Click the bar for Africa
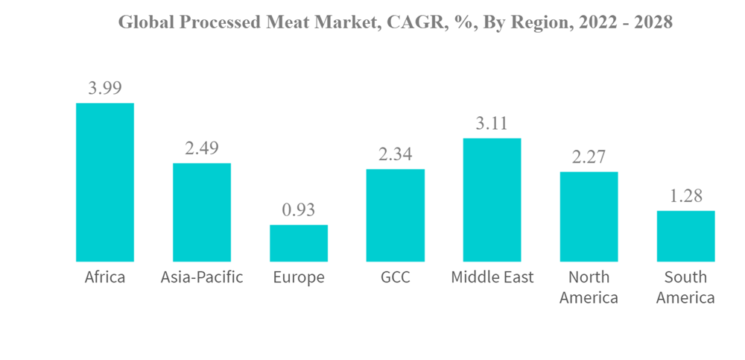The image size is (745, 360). point(105,182)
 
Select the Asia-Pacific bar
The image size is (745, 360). point(202,212)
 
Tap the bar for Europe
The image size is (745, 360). point(299,243)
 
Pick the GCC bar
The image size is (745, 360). point(396,215)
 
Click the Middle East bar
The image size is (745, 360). point(492,200)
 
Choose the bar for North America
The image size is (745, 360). point(589,217)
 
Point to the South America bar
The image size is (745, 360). point(686,236)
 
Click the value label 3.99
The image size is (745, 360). point(105,88)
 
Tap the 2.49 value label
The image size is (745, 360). point(202,148)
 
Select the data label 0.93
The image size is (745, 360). point(299,210)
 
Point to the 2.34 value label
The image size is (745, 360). point(396,154)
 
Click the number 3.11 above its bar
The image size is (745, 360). point(492,124)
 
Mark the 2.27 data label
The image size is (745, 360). point(589,157)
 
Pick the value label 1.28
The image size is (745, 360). point(686,196)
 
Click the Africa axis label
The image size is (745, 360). point(105,278)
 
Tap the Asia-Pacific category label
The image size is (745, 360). point(202,278)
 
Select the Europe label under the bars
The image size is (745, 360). point(299,278)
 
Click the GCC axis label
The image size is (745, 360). point(396,278)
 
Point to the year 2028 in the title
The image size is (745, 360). point(651,23)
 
